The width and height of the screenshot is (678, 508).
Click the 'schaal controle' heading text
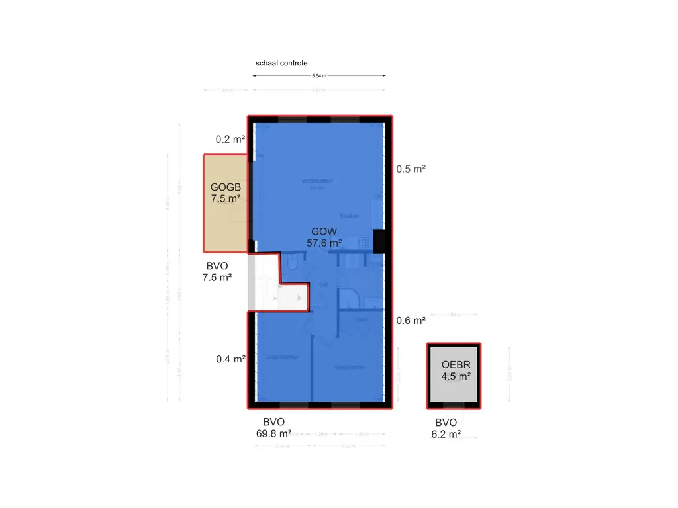[281, 63]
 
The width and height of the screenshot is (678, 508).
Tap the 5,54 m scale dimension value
[318, 76]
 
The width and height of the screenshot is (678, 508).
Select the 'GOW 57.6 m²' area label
[324, 237]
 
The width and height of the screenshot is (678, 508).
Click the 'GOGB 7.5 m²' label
[225, 192]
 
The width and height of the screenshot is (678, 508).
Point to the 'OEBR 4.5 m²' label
[456, 371]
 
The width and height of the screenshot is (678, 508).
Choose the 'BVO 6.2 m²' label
[446, 429]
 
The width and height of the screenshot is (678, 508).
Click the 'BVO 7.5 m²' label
[217, 272]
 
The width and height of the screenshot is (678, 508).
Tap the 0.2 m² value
[230, 140]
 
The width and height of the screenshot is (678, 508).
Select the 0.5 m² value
[411, 169]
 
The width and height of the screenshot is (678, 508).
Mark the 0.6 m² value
[411, 321]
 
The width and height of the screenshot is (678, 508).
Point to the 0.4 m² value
[230, 359]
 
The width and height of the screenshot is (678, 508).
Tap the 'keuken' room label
[350, 216]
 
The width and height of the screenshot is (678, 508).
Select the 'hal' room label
[324, 285]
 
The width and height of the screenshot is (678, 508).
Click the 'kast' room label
[362, 319]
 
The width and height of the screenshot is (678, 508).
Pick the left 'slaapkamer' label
[282, 357]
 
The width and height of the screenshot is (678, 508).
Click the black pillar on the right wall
[380, 241]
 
